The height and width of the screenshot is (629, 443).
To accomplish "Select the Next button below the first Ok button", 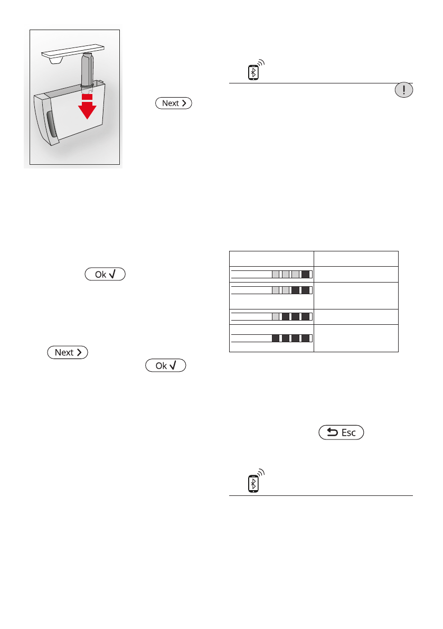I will coord(68,352).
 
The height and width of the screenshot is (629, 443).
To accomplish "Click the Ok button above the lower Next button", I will coord(104,275).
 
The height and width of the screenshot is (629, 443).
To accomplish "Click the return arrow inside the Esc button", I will coord(332,433).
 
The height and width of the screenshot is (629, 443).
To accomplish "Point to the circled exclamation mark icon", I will coord(403,90).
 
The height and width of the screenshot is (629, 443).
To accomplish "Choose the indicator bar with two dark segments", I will coord(272,290).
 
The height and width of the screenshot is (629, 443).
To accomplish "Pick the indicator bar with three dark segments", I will coord(272,316).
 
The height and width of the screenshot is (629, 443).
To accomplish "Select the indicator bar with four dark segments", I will coord(272,338).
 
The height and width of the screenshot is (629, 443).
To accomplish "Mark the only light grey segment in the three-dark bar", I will coord(276,316).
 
